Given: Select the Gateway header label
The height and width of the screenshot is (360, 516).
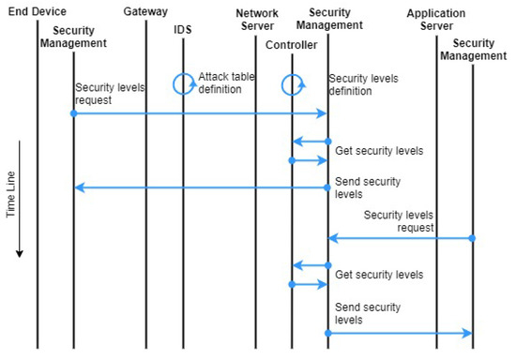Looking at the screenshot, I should coord(145,12).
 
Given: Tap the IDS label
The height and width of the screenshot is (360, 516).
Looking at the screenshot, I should coord(182,30).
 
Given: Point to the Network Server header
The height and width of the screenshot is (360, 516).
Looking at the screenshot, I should coord(255,20).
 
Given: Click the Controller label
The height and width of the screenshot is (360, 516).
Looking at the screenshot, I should coord(291,43).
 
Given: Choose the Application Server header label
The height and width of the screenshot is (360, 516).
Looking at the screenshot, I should coord(436,20).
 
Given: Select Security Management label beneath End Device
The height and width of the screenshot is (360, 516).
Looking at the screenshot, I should coord(73,37).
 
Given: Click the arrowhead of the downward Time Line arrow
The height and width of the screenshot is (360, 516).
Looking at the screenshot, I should coord(19,252).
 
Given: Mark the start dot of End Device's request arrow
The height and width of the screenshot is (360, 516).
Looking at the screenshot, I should coord(73,113).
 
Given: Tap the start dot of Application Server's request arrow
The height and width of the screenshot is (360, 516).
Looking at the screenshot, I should coord(472,238).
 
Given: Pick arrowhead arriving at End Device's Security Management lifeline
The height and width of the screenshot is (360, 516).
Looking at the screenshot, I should coord(79,187).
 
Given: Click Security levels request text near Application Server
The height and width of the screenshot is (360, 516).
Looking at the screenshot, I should coord(399,221).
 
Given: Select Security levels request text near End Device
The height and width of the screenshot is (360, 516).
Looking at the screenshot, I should coord(107,93).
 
